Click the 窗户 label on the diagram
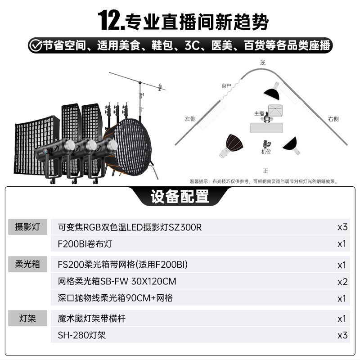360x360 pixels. [x=226, y=86]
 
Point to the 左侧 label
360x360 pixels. [x=190, y=119]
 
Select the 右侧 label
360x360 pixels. [x=333, y=119]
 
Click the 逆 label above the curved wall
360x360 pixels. [x=263, y=63]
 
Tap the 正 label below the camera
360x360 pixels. [x=265, y=171]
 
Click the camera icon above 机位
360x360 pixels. [x=266, y=144]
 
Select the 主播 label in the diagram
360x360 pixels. [x=259, y=113]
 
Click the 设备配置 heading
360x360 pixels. [x=180, y=196]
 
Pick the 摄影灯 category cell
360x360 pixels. [x=27, y=227]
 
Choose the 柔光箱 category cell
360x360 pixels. [x=27, y=264]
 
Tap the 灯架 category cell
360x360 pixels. [x=27, y=318]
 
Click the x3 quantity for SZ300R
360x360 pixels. [x=342, y=227]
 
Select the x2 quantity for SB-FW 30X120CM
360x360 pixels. [x=342, y=282]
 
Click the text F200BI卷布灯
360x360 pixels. [x=85, y=244]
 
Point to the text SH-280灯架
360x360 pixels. [x=82, y=335]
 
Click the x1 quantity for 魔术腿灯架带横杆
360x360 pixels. [x=342, y=319]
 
